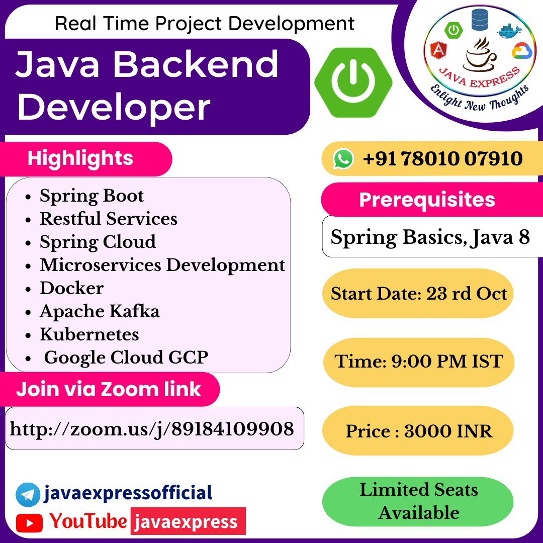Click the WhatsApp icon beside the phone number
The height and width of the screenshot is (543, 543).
(343, 159)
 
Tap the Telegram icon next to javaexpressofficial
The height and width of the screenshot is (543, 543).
(28, 495)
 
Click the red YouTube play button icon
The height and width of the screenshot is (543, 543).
(29, 523)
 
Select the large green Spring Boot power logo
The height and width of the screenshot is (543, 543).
(353, 82)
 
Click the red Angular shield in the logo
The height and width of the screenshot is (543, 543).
(438, 51)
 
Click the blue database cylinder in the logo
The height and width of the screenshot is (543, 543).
(480, 20)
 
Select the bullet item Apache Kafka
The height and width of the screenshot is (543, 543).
(100, 311)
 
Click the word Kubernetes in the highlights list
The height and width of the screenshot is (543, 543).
(89, 334)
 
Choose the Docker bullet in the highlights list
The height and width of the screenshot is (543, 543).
(72, 288)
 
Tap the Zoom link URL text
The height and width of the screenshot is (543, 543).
(152, 429)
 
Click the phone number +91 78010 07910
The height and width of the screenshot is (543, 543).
(442, 158)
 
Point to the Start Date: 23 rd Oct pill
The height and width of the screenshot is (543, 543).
(418, 293)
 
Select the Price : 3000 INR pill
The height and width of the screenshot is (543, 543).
(418, 430)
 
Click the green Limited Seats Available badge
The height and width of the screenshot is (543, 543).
(418, 501)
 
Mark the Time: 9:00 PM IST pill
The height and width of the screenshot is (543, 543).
(419, 362)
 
